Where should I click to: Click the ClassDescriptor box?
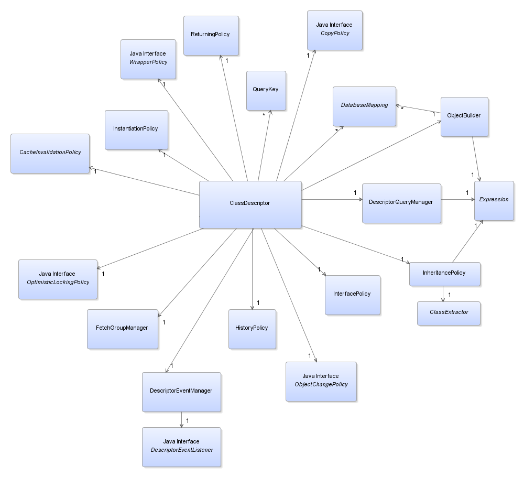pyautogui.click(x=250, y=204)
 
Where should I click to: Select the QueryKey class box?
pyautogui.click(x=266, y=90)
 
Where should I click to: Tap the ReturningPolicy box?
pyautogui.click(x=211, y=36)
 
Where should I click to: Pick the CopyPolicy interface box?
pyautogui.click(x=335, y=30)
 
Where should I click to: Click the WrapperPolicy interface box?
pyautogui.click(x=148, y=59)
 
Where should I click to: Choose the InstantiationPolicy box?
pyautogui.click(x=136, y=130)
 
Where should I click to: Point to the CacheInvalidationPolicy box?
pyautogui.click(x=50, y=154)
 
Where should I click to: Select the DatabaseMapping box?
pyautogui.click(x=364, y=106)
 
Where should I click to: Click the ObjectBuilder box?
pyautogui.click(x=464, y=117)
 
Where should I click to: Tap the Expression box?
pyautogui.click(x=494, y=201)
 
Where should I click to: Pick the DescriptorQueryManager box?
pyautogui.click(x=402, y=203)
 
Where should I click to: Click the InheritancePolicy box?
pyautogui.click(x=445, y=274)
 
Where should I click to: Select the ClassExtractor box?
pyautogui.click(x=449, y=313)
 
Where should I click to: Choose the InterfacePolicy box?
pyautogui.click(x=353, y=295)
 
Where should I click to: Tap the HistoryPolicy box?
pyautogui.click(x=253, y=329)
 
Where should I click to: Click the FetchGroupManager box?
pyautogui.click(x=123, y=329)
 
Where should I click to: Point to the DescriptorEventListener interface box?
pyautogui.click(x=181, y=447)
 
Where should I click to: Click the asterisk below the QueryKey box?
pyautogui.click(x=264, y=115)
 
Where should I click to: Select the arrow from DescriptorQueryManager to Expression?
pyautogui.click(x=458, y=200)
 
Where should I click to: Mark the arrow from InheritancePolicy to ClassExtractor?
pyautogui.click(x=443, y=294)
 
